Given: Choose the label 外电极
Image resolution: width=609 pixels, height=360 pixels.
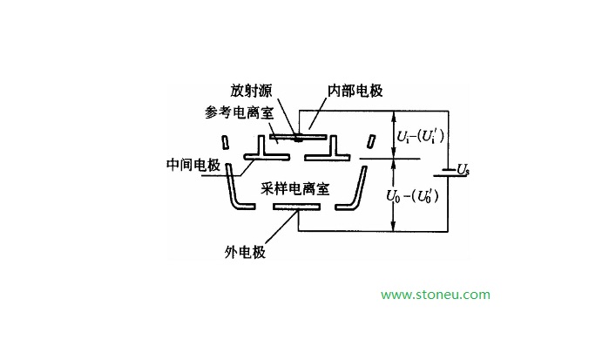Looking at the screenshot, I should click(244, 253).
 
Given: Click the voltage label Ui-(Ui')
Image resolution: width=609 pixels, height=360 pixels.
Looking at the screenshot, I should click(422, 136).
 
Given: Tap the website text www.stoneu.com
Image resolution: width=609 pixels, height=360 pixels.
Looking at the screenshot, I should click(436, 295).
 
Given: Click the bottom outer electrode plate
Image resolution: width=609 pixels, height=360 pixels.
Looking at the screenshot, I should click(296, 207).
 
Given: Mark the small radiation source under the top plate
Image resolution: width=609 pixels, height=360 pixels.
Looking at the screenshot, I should click(298, 139).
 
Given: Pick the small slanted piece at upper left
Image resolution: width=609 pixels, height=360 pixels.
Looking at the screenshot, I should click(224, 141).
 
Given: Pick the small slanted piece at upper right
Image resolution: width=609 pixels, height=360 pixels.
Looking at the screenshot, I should click(370, 141).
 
